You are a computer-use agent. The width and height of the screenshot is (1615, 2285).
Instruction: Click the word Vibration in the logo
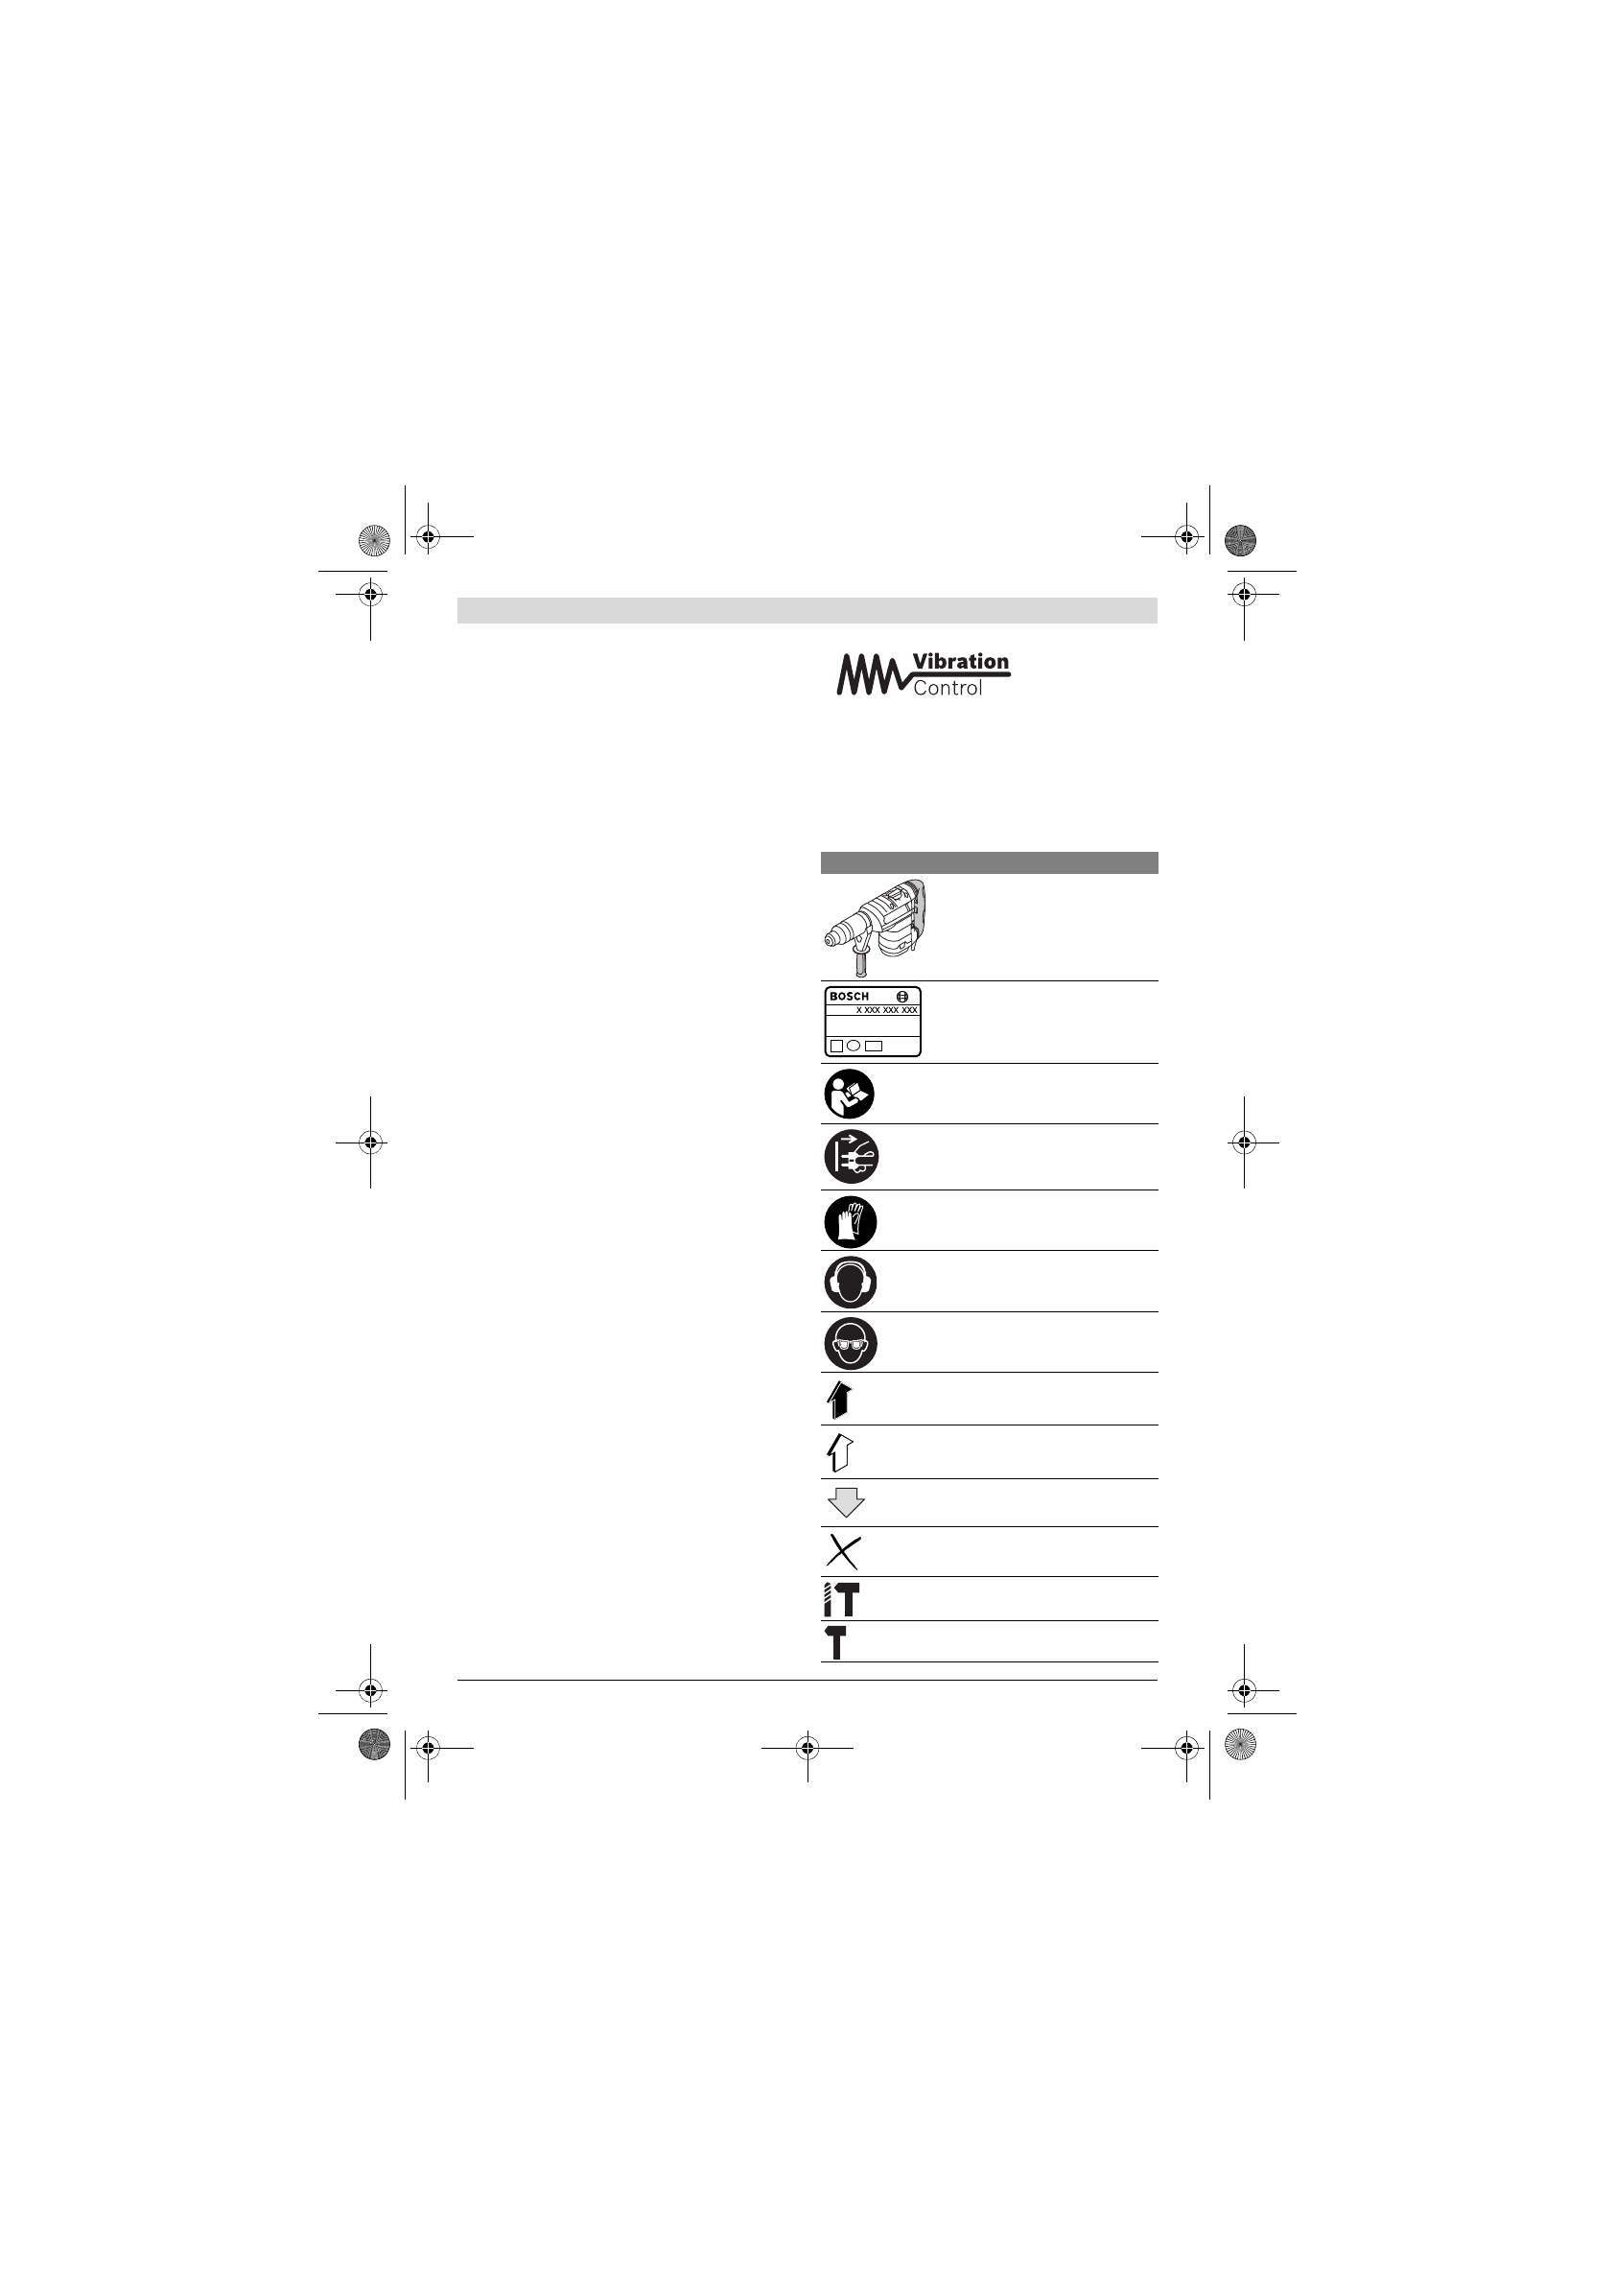coord(960,662)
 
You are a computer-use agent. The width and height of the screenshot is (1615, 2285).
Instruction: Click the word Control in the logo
coord(948,688)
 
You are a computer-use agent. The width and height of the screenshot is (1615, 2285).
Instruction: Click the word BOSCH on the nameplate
coord(849,996)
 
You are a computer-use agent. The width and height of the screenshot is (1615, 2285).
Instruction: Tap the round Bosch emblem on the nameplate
coord(902,996)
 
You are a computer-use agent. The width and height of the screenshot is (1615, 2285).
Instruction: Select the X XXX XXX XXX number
coord(886,1010)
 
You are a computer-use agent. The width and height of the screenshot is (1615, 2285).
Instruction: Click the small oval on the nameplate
coord(854,1046)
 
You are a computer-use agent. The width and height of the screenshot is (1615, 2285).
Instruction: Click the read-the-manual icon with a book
coord(850,1094)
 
